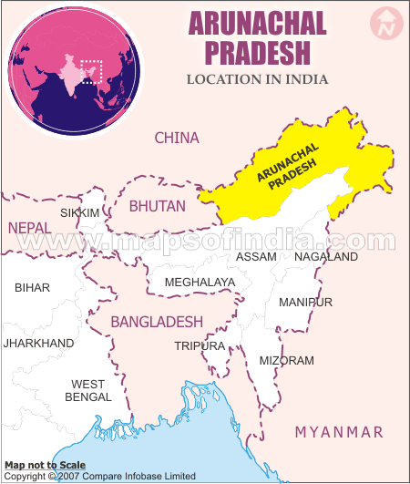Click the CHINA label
point(177,138)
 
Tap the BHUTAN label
point(157,206)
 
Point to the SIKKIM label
point(79,212)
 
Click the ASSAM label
point(256,257)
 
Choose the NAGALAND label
point(327,257)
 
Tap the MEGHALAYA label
point(200,283)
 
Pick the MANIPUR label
point(305,302)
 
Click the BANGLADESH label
point(157,323)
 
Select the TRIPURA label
point(200,346)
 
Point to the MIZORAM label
point(286,361)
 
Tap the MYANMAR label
point(339,431)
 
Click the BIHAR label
point(33,287)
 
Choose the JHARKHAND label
point(38,343)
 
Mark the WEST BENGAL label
point(88,390)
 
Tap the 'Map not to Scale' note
point(45,465)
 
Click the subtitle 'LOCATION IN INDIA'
point(257,79)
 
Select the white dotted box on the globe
point(91,72)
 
